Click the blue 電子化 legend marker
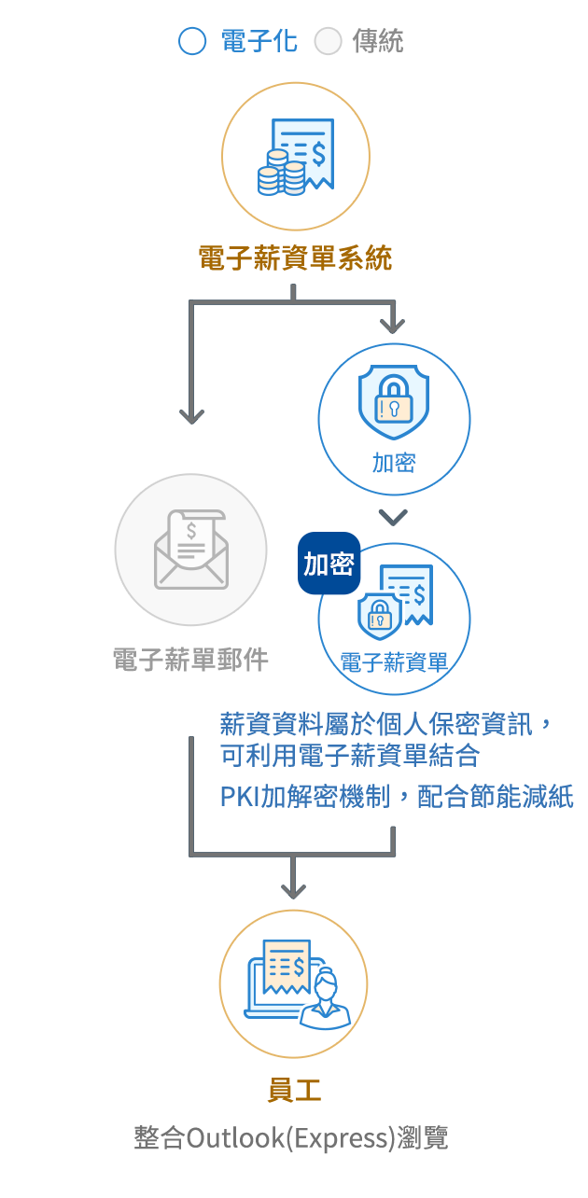click(x=194, y=42)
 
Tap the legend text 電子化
click(x=260, y=42)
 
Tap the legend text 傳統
click(x=377, y=42)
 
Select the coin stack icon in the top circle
click(x=281, y=173)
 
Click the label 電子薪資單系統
click(x=295, y=258)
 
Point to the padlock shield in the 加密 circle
click(x=394, y=401)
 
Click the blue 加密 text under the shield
click(x=394, y=463)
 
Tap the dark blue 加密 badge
click(x=329, y=564)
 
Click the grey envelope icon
click(x=190, y=550)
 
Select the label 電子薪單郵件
click(x=190, y=661)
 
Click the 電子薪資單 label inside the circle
click(x=394, y=663)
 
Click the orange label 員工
click(x=294, y=1091)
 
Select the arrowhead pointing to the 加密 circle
click(x=393, y=325)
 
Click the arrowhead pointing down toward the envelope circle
click(x=191, y=414)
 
